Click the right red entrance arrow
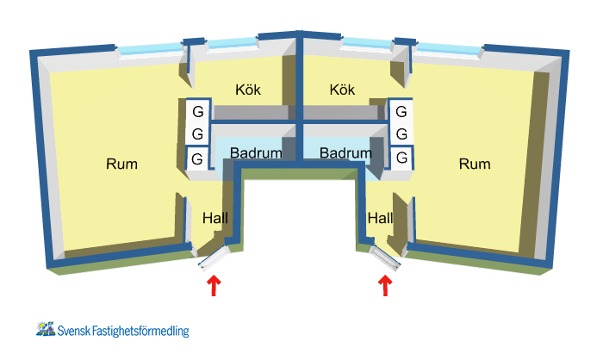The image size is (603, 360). pos(384,286)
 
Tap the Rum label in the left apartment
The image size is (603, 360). pos(121,164)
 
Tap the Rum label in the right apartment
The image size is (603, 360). pos(476,164)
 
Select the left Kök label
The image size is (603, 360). pos(248,90)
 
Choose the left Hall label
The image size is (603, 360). pos(214,219)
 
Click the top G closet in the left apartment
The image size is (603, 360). pos(197,112)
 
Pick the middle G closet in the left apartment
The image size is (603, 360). pos(197,134)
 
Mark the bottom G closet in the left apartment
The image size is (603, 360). pos(197,158)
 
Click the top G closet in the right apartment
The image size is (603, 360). pos(401,112)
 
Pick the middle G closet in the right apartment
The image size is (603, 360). pos(401,134)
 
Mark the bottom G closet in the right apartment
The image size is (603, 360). pos(401,158)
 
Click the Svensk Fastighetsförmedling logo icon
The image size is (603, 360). pos(46,328)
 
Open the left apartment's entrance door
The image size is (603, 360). pos(213,258)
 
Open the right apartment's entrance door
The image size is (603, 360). pos(385,258)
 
